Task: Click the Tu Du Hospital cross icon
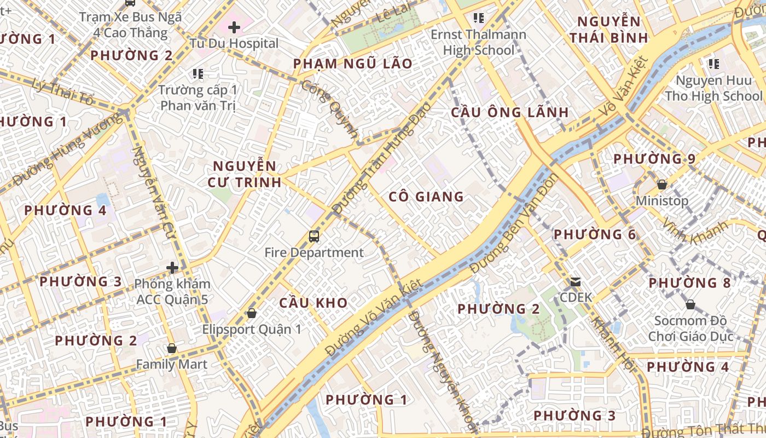click(x=234, y=27)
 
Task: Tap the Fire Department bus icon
click(x=314, y=237)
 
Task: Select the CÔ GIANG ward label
click(x=426, y=197)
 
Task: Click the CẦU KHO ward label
click(x=314, y=303)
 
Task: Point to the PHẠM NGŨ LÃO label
click(x=353, y=64)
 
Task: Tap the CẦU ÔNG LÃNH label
click(x=510, y=112)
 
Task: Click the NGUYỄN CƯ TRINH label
click(x=245, y=174)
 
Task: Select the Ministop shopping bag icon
click(x=662, y=185)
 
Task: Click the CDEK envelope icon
click(x=576, y=282)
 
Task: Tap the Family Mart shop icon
click(x=172, y=348)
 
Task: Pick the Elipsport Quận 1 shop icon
click(x=252, y=313)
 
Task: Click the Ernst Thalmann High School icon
click(x=479, y=18)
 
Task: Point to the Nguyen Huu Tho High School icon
click(x=713, y=64)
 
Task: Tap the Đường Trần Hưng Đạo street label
click(x=381, y=159)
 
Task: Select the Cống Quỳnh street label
click(x=330, y=109)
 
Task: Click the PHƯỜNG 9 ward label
click(x=654, y=159)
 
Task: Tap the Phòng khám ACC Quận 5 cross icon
click(x=173, y=268)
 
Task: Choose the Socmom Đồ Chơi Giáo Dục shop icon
click(x=690, y=304)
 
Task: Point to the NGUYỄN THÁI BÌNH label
click(x=608, y=30)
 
